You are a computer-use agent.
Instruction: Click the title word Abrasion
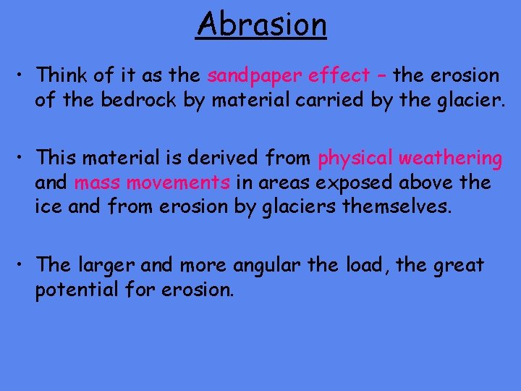coord(261,24)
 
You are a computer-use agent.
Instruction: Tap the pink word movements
coord(179,182)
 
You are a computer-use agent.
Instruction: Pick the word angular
coord(268,265)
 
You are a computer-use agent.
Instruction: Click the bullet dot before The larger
coord(24,266)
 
